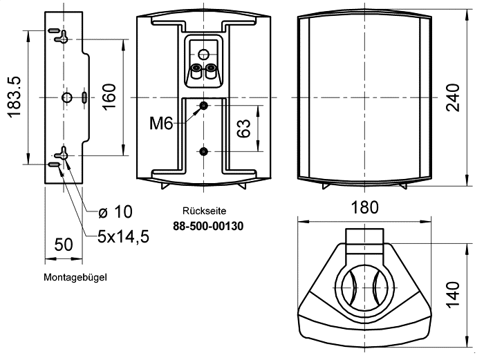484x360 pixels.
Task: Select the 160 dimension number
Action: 109,97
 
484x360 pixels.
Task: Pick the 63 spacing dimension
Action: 243,129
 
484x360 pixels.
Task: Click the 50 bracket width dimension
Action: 63,245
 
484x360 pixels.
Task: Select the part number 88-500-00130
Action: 208,225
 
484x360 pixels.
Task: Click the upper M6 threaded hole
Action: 203,106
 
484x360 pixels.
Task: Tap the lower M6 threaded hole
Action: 203,151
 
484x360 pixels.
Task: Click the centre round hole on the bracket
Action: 65,97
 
